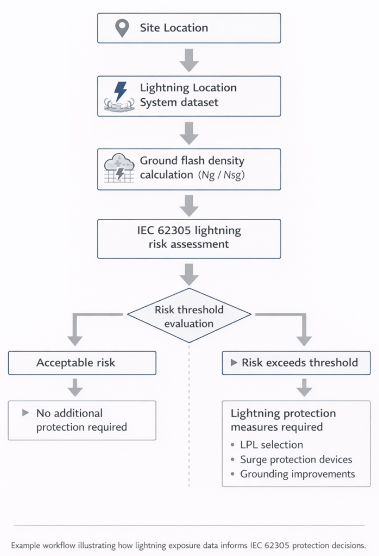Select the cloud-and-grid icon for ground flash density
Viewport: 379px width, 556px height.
pos(119,168)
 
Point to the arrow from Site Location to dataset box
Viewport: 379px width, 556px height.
pos(189,59)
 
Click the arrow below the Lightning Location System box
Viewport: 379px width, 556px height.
pos(189,132)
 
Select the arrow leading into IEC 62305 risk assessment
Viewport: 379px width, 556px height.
pos(189,205)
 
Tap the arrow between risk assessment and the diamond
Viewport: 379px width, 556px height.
pos(189,274)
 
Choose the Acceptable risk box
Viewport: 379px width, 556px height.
pos(82,363)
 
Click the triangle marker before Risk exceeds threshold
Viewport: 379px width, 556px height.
pos(234,363)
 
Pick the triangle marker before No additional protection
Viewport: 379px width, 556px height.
pos(25,413)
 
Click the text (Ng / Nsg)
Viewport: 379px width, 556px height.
pos(223,175)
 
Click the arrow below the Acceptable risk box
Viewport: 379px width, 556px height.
pos(75,388)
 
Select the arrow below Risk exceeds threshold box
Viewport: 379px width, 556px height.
pos(304,388)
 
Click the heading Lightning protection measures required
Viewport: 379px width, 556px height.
pos(283,420)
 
